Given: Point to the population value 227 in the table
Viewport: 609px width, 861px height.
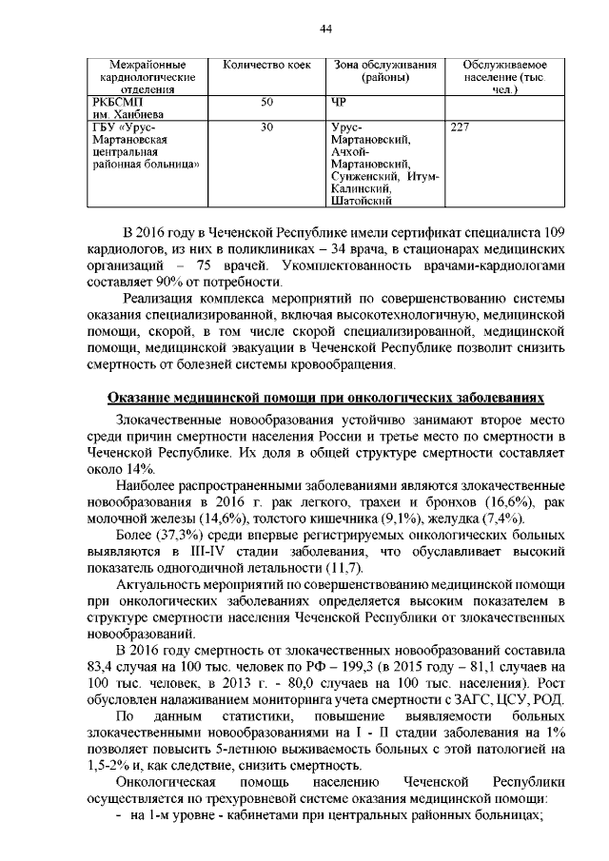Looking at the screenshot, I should click(460, 127).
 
